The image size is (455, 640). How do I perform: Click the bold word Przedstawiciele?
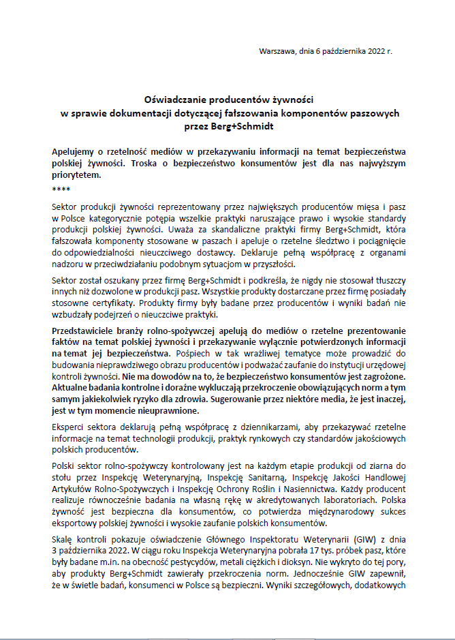84,330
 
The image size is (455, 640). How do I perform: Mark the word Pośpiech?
193,353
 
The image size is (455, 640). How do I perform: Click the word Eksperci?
69,428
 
